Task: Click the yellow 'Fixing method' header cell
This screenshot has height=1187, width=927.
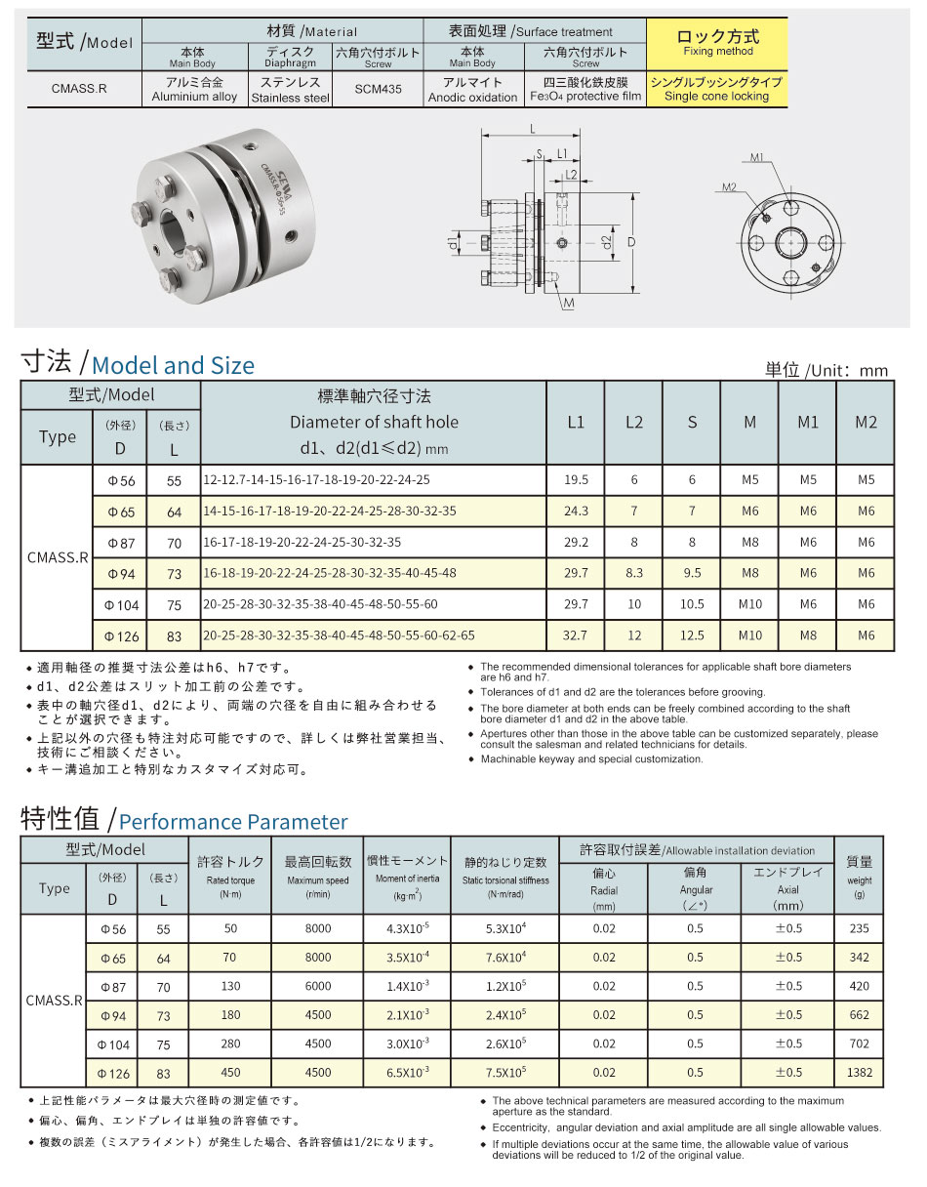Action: click(717, 43)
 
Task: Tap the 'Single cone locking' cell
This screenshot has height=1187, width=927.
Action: click(717, 90)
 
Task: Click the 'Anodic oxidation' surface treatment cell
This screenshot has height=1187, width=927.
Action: click(472, 91)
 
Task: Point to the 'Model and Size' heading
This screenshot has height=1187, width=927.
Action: click(173, 366)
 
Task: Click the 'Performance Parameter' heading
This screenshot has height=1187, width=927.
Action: click(232, 822)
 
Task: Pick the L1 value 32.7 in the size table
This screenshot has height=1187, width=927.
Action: click(576, 635)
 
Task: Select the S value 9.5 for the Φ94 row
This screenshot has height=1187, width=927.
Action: click(692, 574)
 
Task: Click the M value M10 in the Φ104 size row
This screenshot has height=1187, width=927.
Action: click(749, 605)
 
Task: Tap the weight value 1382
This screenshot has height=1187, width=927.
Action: click(859, 1073)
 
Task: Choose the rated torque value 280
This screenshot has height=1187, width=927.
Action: click(230, 1044)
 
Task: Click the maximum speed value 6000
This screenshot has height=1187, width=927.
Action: click(318, 986)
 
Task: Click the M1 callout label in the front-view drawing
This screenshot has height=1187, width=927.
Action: click(757, 156)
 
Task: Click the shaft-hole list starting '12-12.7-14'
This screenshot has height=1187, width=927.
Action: click(316, 480)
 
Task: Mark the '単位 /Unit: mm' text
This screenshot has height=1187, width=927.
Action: click(826, 370)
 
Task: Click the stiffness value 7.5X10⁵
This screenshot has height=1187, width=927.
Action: click(505, 1073)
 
